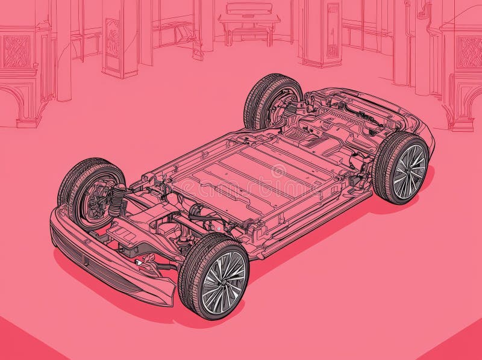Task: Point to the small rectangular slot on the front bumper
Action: [x=86, y=261]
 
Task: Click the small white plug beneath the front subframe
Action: [x=140, y=262]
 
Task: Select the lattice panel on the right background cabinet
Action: [x=469, y=52]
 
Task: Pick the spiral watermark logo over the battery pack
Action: [x=278, y=171]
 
